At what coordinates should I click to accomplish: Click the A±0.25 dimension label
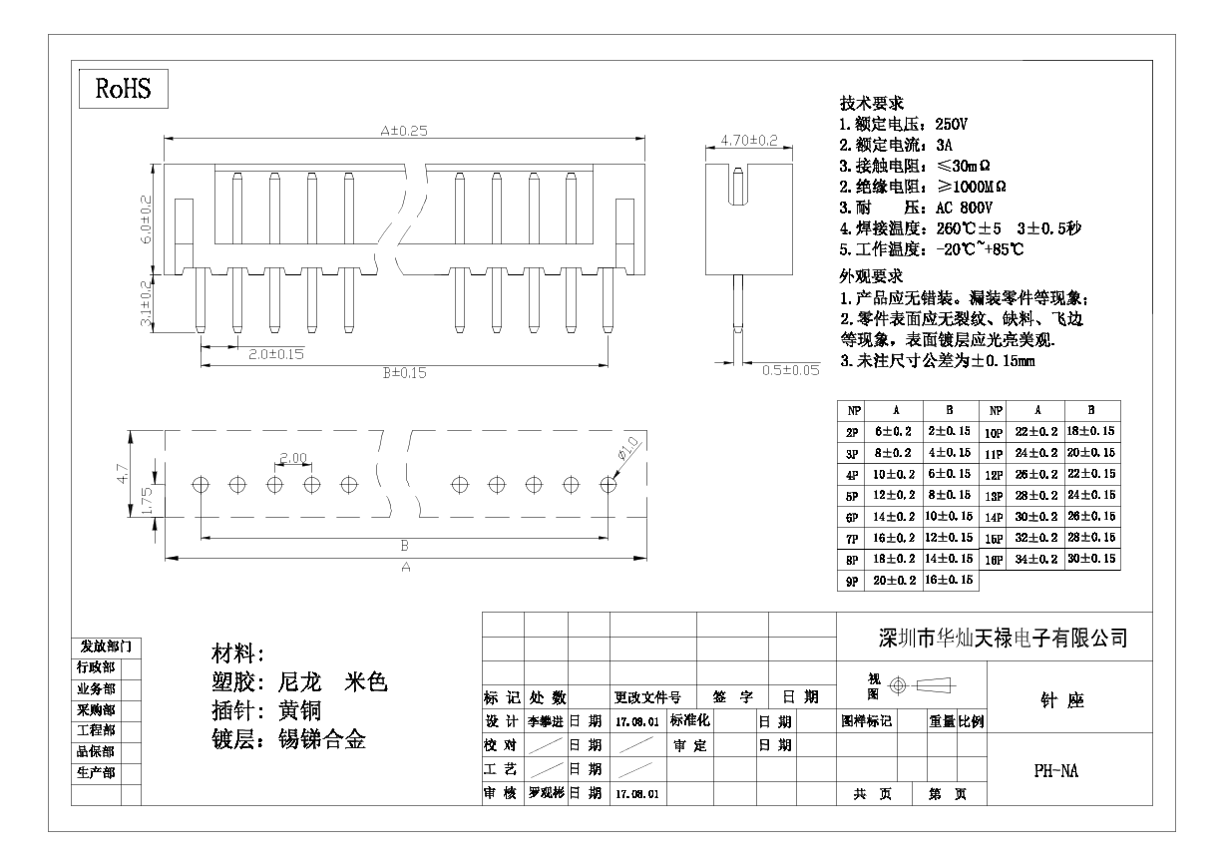pyautogui.click(x=403, y=130)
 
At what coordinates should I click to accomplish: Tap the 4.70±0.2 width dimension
pyautogui.click(x=748, y=141)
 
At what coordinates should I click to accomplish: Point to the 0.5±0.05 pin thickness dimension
pyautogui.click(x=790, y=370)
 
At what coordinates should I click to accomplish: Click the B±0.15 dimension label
pyautogui.click(x=404, y=374)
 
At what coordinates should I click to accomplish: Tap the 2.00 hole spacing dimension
pyautogui.click(x=293, y=458)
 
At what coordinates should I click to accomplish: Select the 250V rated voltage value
pyautogui.click(x=951, y=125)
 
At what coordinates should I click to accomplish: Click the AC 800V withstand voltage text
pyautogui.click(x=963, y=208)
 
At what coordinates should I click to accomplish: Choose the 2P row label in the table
pyautogui.click(x=852, y=432)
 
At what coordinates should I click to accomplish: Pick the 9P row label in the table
pyautogui.click(x=852, y=581)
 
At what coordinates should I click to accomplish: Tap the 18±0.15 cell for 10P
pyautogui.click(x=1091, y=432)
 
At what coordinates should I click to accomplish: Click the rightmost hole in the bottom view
pyautogui.click(x=608, y=484)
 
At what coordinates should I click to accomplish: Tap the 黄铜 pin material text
pyautogui.click(x=301, y=711)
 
